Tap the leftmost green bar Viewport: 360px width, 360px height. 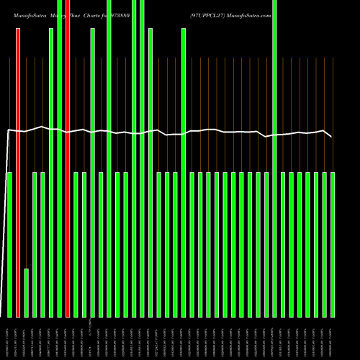pyautogui.click(x=9, y=245)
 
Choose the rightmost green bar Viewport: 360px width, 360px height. pyautogui.click(x=333, y=245)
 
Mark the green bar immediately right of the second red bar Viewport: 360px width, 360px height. pyautogui.click(x=76, y=245)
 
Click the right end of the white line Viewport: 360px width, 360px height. pyautogui.click(x=332, y=136)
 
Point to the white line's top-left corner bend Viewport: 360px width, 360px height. pyautogui.click(x=8, y=130)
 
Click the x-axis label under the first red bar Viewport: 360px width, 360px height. pyautogui.click(x=18, y=338)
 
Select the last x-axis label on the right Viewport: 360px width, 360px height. pyautogui.click(x=333, y=338)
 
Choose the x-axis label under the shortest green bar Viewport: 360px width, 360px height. pyautogui.click(x=27, y=338)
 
